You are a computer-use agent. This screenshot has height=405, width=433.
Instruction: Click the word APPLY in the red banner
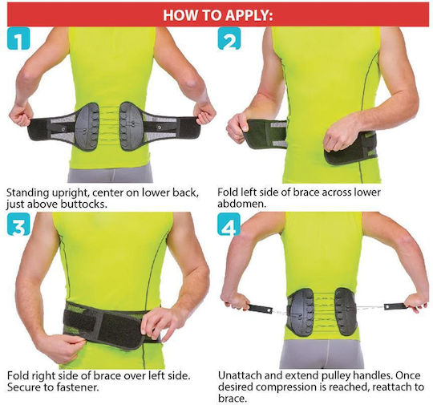(x=248, y=15)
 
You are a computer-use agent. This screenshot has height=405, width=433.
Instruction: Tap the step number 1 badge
(x=18, y=38)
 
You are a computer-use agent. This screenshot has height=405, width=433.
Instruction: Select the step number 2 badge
(x=229, y=38)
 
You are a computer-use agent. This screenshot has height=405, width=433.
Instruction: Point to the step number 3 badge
(x=18, y=224)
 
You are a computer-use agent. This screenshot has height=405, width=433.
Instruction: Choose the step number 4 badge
(x=229, y=224)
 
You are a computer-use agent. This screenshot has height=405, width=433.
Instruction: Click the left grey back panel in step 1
(x=87, y=127)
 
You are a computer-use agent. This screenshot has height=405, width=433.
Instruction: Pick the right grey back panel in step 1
(x=131, y=126)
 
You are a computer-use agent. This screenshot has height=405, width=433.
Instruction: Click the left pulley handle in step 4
(x=259, y=308)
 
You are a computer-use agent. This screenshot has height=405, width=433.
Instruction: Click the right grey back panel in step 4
(x=346, y=311)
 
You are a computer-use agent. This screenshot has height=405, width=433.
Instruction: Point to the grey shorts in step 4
(x=322, y=354)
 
